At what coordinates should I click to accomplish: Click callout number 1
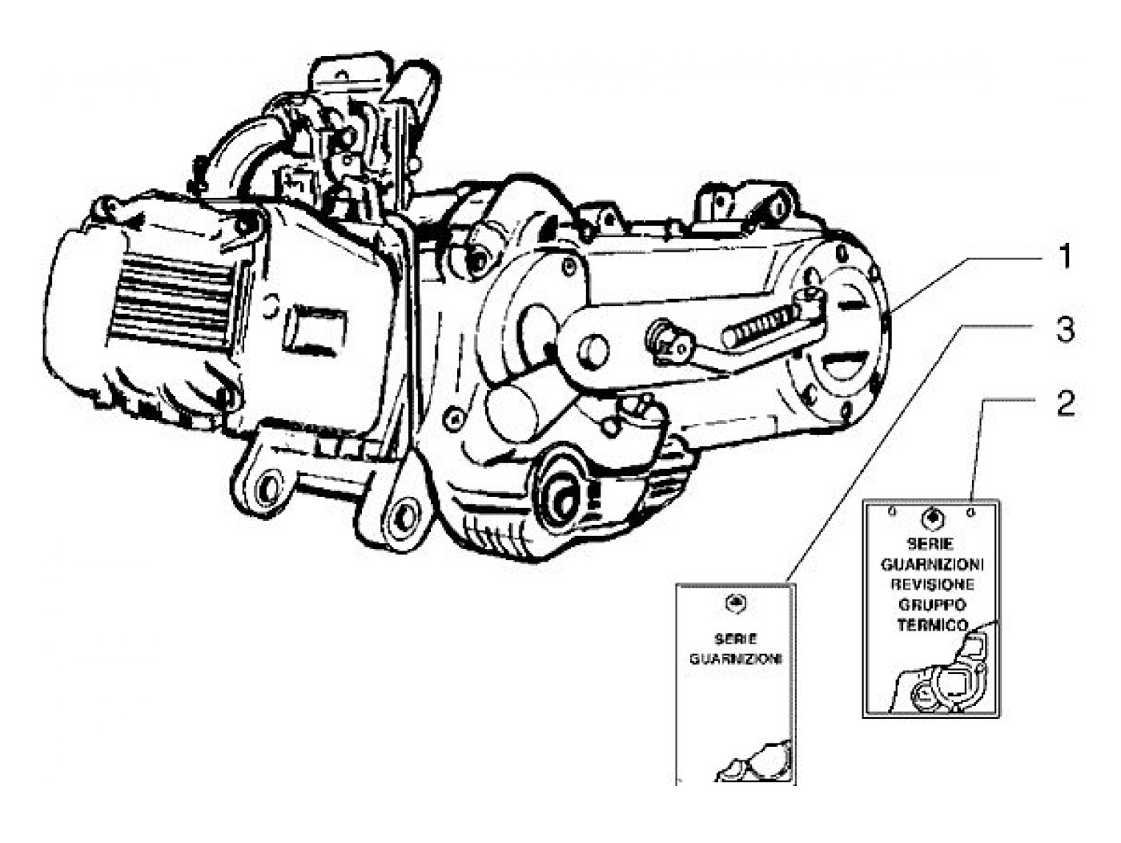pyautogui.click(x=1064, y=258)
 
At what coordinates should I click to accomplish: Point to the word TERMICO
pyautogui.click(x=933, y=625)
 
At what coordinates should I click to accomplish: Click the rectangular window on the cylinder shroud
pyautogui.click(x=314, y=329)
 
